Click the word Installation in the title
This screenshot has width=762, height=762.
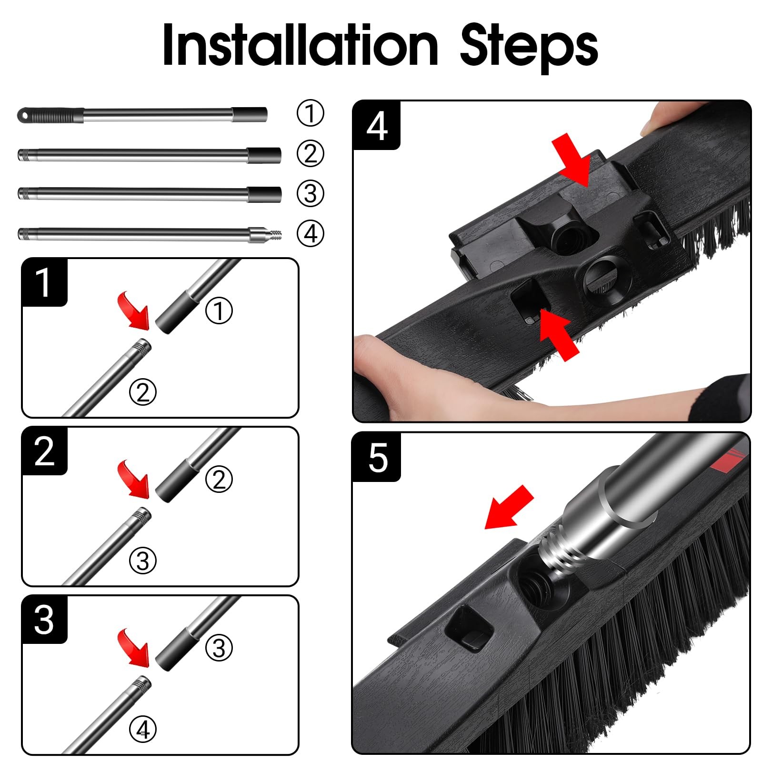tap(300, 44)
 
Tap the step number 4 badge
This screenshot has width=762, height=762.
tap(377, 126)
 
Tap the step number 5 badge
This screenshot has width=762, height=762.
tap(377, 457)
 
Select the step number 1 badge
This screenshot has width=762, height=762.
tap(44, 282)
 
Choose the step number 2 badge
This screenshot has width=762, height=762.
tap(44, 451)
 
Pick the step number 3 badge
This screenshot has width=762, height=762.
tap(44, 620)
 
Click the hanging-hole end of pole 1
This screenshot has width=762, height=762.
tap(23, 115)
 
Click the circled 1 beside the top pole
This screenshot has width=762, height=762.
tap(310, 113)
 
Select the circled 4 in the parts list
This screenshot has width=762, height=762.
tap(310, 234)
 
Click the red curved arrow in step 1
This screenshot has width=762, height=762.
tap(134, 311)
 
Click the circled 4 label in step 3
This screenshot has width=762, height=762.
tap(143, 729)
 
